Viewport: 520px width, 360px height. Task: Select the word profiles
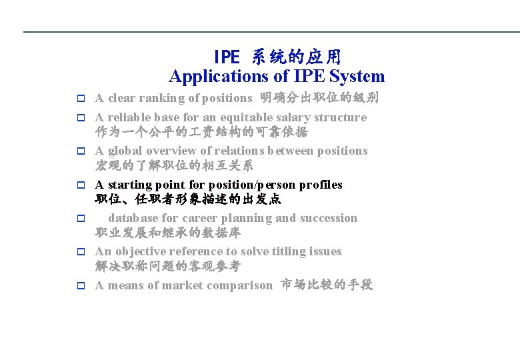click(320, 185)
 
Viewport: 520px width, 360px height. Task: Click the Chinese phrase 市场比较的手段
click(327, 285)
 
